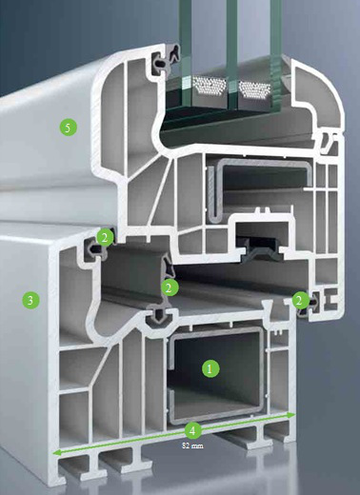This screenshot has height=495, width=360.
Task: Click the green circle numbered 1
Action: coord(210,368)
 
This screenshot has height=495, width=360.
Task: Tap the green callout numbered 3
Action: coord(30,300)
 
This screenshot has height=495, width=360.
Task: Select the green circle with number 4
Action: coord(192,430)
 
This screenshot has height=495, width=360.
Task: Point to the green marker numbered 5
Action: coord(69,128)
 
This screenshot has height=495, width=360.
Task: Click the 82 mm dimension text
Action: coord(192,445)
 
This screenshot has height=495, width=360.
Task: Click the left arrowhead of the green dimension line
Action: coord(56,453)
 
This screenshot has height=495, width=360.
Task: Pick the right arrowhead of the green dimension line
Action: coord(291,415)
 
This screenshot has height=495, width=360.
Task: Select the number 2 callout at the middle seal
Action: coord(170,287)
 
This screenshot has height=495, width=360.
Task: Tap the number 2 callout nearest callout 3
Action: coord(105,238)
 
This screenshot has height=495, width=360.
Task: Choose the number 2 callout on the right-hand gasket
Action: coord(300,300)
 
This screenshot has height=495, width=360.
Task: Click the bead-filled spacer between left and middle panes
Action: coord(210,86)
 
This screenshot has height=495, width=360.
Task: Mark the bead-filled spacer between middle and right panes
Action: coord(254,89)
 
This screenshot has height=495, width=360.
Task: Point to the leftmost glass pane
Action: coord(186,48)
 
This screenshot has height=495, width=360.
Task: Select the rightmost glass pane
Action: coord(275,54)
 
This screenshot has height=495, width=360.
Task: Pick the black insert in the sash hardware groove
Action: coord(260,250)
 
